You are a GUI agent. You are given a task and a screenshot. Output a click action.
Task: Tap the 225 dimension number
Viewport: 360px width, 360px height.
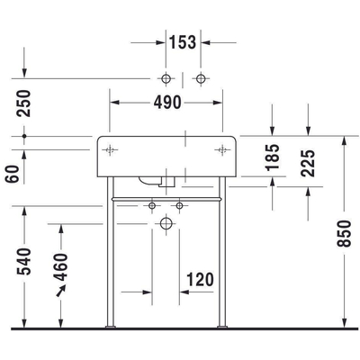310,164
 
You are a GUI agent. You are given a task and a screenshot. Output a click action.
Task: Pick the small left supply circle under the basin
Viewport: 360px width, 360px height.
150,207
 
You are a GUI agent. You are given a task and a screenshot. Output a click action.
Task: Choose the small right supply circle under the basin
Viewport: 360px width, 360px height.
180,207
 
